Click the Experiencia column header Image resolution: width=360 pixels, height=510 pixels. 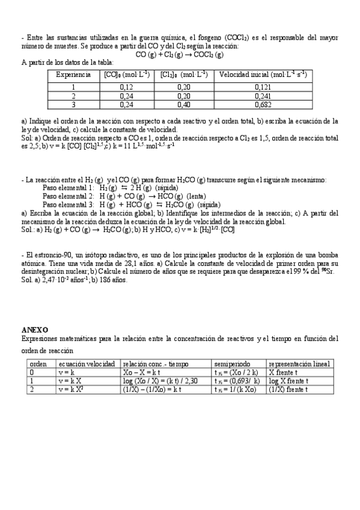click(73, 75)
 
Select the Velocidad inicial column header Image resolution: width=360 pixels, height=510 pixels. click(263, 75)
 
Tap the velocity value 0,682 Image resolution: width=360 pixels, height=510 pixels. click(263, 103)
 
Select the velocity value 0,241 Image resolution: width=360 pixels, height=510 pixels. click(263, 95)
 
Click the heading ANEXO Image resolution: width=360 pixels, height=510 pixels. click(35, 330)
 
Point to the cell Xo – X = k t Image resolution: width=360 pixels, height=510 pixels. click(142, 373)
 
